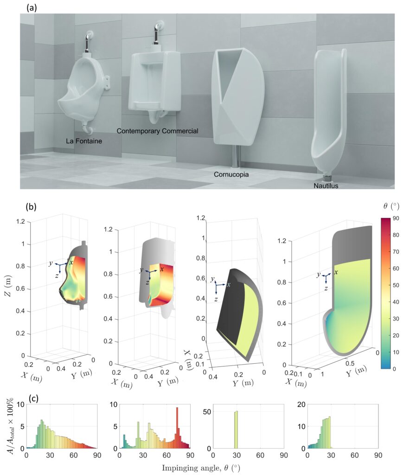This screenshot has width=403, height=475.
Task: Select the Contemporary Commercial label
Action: click(x=157, y=131)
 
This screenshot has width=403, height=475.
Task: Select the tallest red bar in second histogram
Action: click(x=177, y=428)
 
